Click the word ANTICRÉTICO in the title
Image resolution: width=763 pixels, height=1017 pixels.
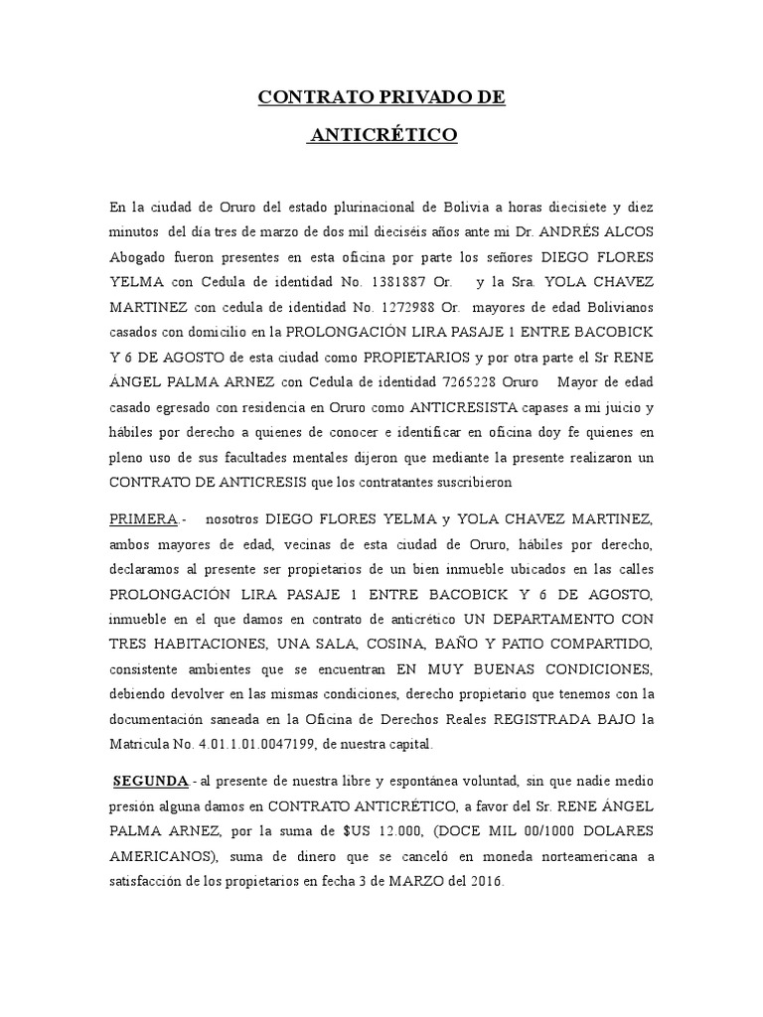382,135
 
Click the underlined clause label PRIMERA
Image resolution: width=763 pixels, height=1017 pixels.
144,518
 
